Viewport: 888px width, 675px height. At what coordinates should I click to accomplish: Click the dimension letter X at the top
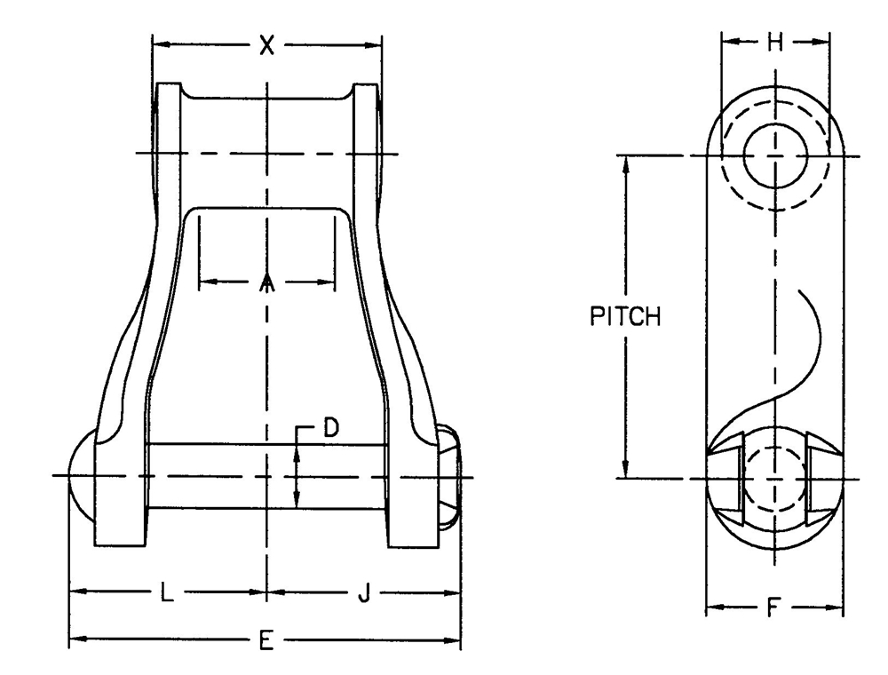[266, 44]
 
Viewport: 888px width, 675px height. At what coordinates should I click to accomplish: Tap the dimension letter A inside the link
[266, 283]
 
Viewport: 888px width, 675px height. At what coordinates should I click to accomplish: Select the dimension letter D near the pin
[329, 428]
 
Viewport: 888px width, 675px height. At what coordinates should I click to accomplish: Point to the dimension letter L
[166, 592]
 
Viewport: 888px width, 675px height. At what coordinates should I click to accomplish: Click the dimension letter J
[362, 592]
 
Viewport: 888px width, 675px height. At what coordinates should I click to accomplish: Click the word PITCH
[625, 317]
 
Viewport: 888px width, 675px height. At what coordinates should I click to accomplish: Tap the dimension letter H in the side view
[775, 42]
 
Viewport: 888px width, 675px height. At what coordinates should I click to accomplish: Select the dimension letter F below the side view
[773, 609]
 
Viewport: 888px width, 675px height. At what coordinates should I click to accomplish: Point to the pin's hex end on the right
[450, 476]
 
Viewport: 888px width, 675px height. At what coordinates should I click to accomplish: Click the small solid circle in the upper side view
[774, 155]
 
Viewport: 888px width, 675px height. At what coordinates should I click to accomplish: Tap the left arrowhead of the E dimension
[75, 639]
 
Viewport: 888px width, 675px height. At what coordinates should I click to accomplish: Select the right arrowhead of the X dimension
[375, 43]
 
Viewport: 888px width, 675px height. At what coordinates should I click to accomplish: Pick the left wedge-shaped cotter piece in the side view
[729, 475]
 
